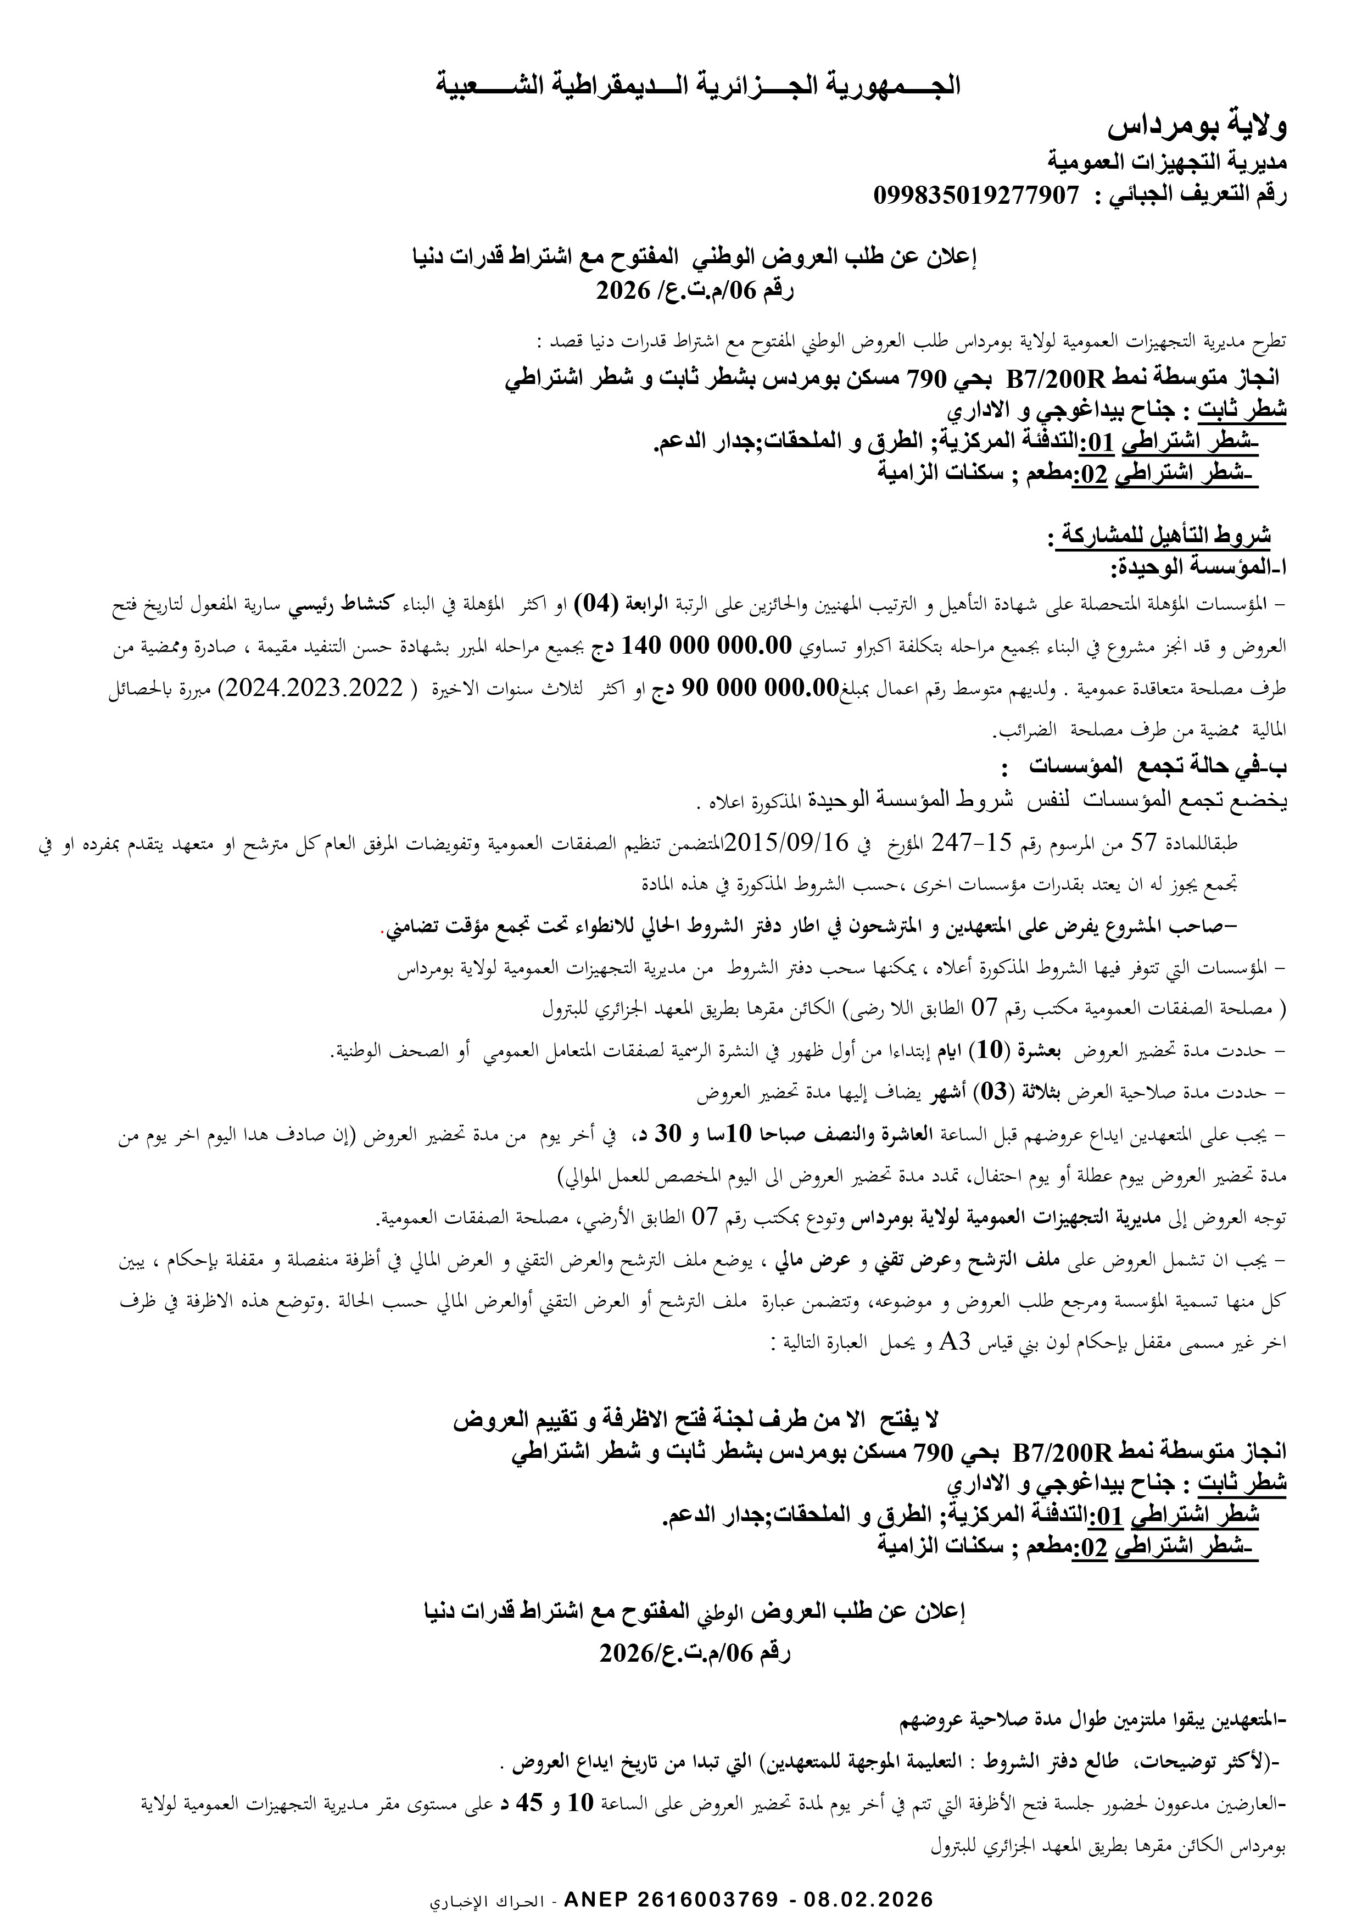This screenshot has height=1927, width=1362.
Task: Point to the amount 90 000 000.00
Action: tap(752, 689)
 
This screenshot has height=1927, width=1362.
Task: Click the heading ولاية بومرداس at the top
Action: tap(1198, 127)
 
